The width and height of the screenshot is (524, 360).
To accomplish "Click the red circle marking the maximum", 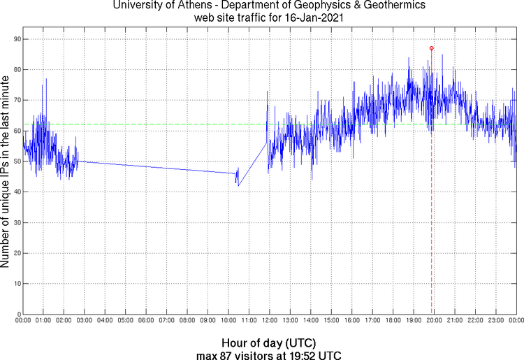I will tap(432, 48).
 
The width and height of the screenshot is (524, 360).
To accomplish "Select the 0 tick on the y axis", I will tap(17, 315).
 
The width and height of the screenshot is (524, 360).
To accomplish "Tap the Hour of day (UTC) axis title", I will tap(269, 343).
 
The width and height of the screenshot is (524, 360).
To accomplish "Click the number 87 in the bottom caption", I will tap(225, 354).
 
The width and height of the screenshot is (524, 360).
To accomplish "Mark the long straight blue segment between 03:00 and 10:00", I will tap(154, 167).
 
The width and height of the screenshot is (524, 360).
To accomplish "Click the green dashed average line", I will tap(175, 124).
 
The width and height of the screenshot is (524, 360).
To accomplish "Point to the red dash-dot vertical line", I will tap(432, 210).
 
